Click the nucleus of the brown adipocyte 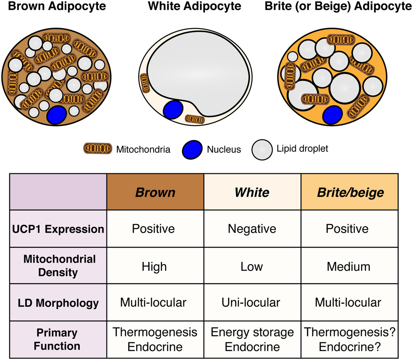click(x=56, y=115)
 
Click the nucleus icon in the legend click(x=192, y=149)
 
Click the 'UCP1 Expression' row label click(x=58, y=228)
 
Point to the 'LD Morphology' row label click(x=58, y=303)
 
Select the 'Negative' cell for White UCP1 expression click(x=252, y=228)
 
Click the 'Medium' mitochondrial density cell click(x=349, y=266)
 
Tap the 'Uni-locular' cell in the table click(x=252, y=303)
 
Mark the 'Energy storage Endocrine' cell click(x=252, y=339)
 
